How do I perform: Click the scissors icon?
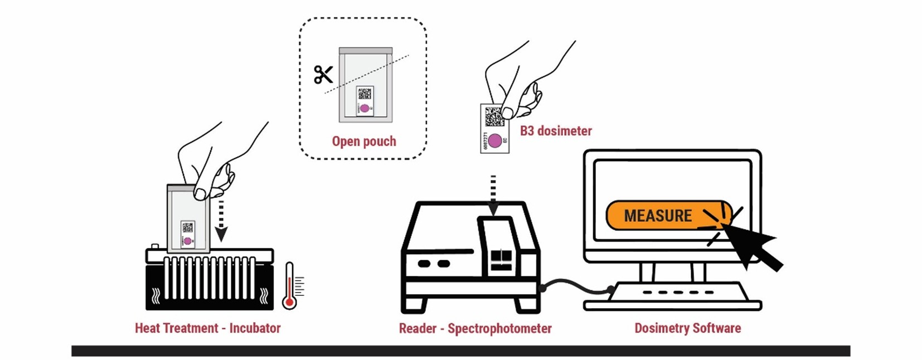point(323,75)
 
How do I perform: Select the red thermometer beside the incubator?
point(289,286)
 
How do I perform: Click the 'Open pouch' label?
point(364,142)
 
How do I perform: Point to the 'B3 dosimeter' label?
point(556,131)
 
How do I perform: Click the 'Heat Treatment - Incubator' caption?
point(207,328)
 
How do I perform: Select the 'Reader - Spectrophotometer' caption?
point(475,329)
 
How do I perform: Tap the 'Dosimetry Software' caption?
point(687,328)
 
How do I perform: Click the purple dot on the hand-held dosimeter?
point(494,140)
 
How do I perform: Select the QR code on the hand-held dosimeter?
point(493,116)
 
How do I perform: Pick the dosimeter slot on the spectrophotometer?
point(499,245)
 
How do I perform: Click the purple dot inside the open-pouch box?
point(365,108)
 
